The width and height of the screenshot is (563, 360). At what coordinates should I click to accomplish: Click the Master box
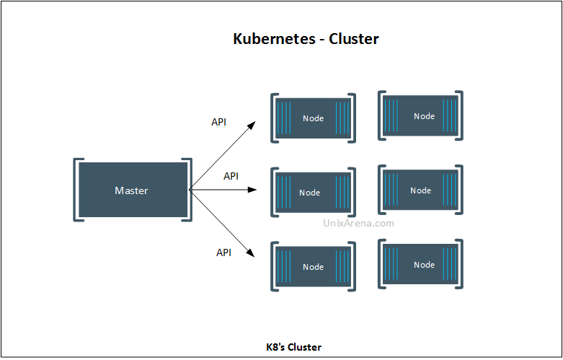[133, 190]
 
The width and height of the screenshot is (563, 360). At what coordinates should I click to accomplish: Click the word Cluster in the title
[354, 39]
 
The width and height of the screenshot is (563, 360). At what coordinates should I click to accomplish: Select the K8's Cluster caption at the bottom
[293, 347]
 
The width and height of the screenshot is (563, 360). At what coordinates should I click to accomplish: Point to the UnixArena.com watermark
[356, 223]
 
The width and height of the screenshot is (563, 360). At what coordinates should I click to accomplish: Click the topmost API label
[218, 122]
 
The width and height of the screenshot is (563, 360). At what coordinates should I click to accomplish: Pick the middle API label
[231, 176]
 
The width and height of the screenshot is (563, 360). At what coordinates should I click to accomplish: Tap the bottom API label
[223, 253]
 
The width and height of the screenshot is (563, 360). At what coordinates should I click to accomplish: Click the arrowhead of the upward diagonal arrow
[252, 125]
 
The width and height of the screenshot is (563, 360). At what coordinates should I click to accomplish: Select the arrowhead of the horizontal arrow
[253, 190]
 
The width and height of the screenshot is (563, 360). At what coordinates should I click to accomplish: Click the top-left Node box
[313, 118]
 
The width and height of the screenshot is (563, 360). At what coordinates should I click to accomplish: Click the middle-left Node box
[313, 192]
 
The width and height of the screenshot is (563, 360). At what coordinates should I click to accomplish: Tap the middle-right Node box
[421, 190]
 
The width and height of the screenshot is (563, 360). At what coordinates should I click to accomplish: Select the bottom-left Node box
[313, 266]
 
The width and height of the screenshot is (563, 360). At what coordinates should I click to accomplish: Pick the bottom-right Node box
[421, 264]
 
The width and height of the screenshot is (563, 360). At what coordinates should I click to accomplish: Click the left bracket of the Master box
[76, 189]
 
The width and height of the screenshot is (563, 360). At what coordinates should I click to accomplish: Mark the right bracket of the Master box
[189, 189]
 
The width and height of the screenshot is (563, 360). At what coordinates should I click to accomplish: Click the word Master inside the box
[131, 190]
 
